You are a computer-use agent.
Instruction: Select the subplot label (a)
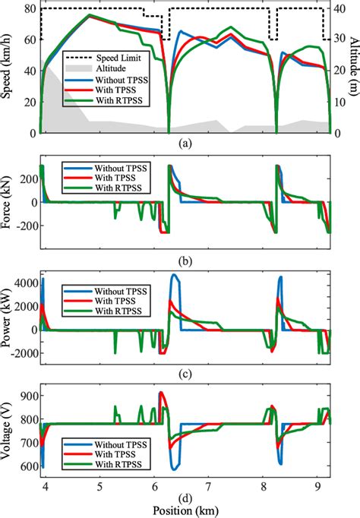(185, 142)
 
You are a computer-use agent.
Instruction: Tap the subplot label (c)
(185, 372)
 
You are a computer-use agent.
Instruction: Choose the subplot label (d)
(185, 497)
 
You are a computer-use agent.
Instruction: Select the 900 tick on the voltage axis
(27, 396)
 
